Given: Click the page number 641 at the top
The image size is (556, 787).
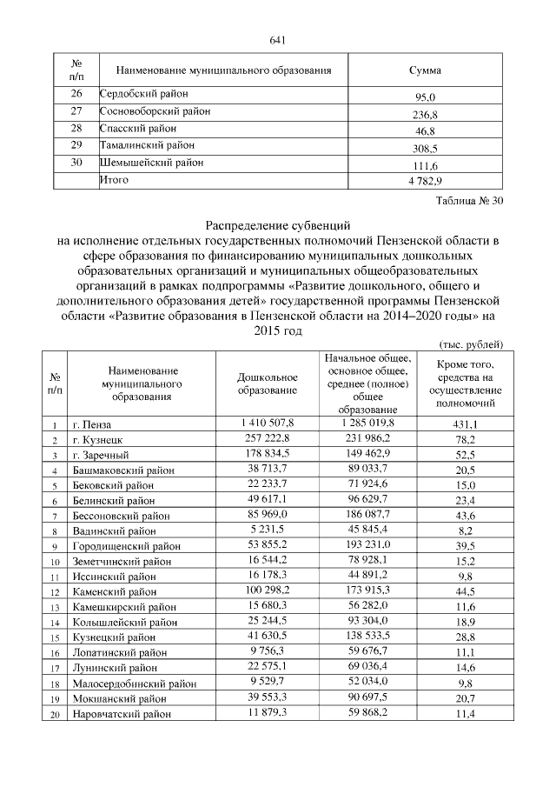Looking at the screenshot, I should pos(278,40).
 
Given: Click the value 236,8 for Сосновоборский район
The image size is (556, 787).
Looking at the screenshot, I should pos(425,114).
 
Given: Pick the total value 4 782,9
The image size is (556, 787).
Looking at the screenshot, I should pos(425,182).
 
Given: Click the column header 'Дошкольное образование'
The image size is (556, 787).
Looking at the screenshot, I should pos(268,383).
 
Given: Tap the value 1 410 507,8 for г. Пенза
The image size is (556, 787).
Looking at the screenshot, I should pos(268,422).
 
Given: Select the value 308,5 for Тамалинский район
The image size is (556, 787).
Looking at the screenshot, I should pos(425,148).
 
